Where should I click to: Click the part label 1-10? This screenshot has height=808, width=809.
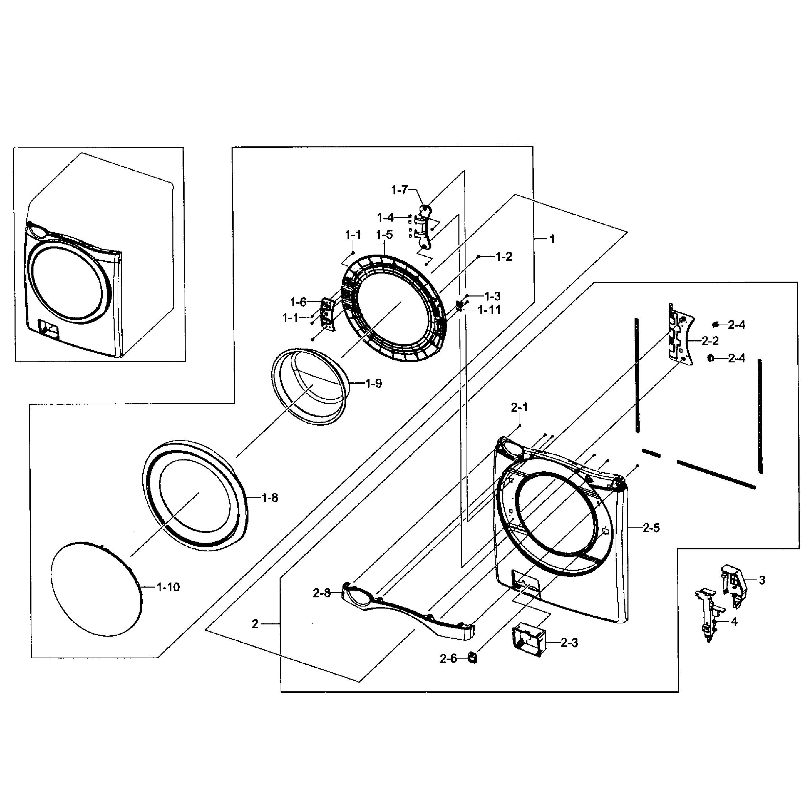pos(168,587)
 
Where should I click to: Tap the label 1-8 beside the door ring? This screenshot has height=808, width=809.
pos(270,498)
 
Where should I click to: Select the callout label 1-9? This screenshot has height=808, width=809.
pos(373,383)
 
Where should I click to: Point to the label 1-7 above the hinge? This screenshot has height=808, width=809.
pos(399,190)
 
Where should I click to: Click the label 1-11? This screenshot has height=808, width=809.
pos(489,310)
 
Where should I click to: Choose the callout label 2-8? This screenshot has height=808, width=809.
pos(321,593)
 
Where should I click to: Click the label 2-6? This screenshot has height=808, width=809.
pos(448,659)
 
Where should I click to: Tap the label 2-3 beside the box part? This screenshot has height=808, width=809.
pos(569,643)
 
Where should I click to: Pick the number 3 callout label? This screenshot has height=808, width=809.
pos(762,580)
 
